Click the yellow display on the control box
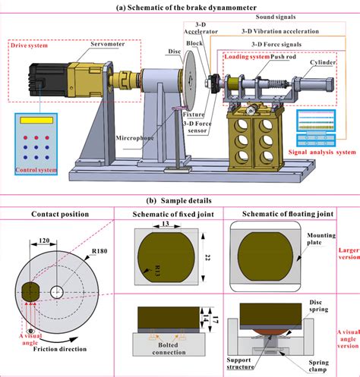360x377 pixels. pyautogui.click(x=35, y=121)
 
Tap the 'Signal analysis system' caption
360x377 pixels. pyautogui.click(x=317, y=151)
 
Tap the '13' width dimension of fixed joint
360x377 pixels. pyautogui.click(x=163, y=225)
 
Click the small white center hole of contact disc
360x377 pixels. pyautogui.click(x=55, y=291)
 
